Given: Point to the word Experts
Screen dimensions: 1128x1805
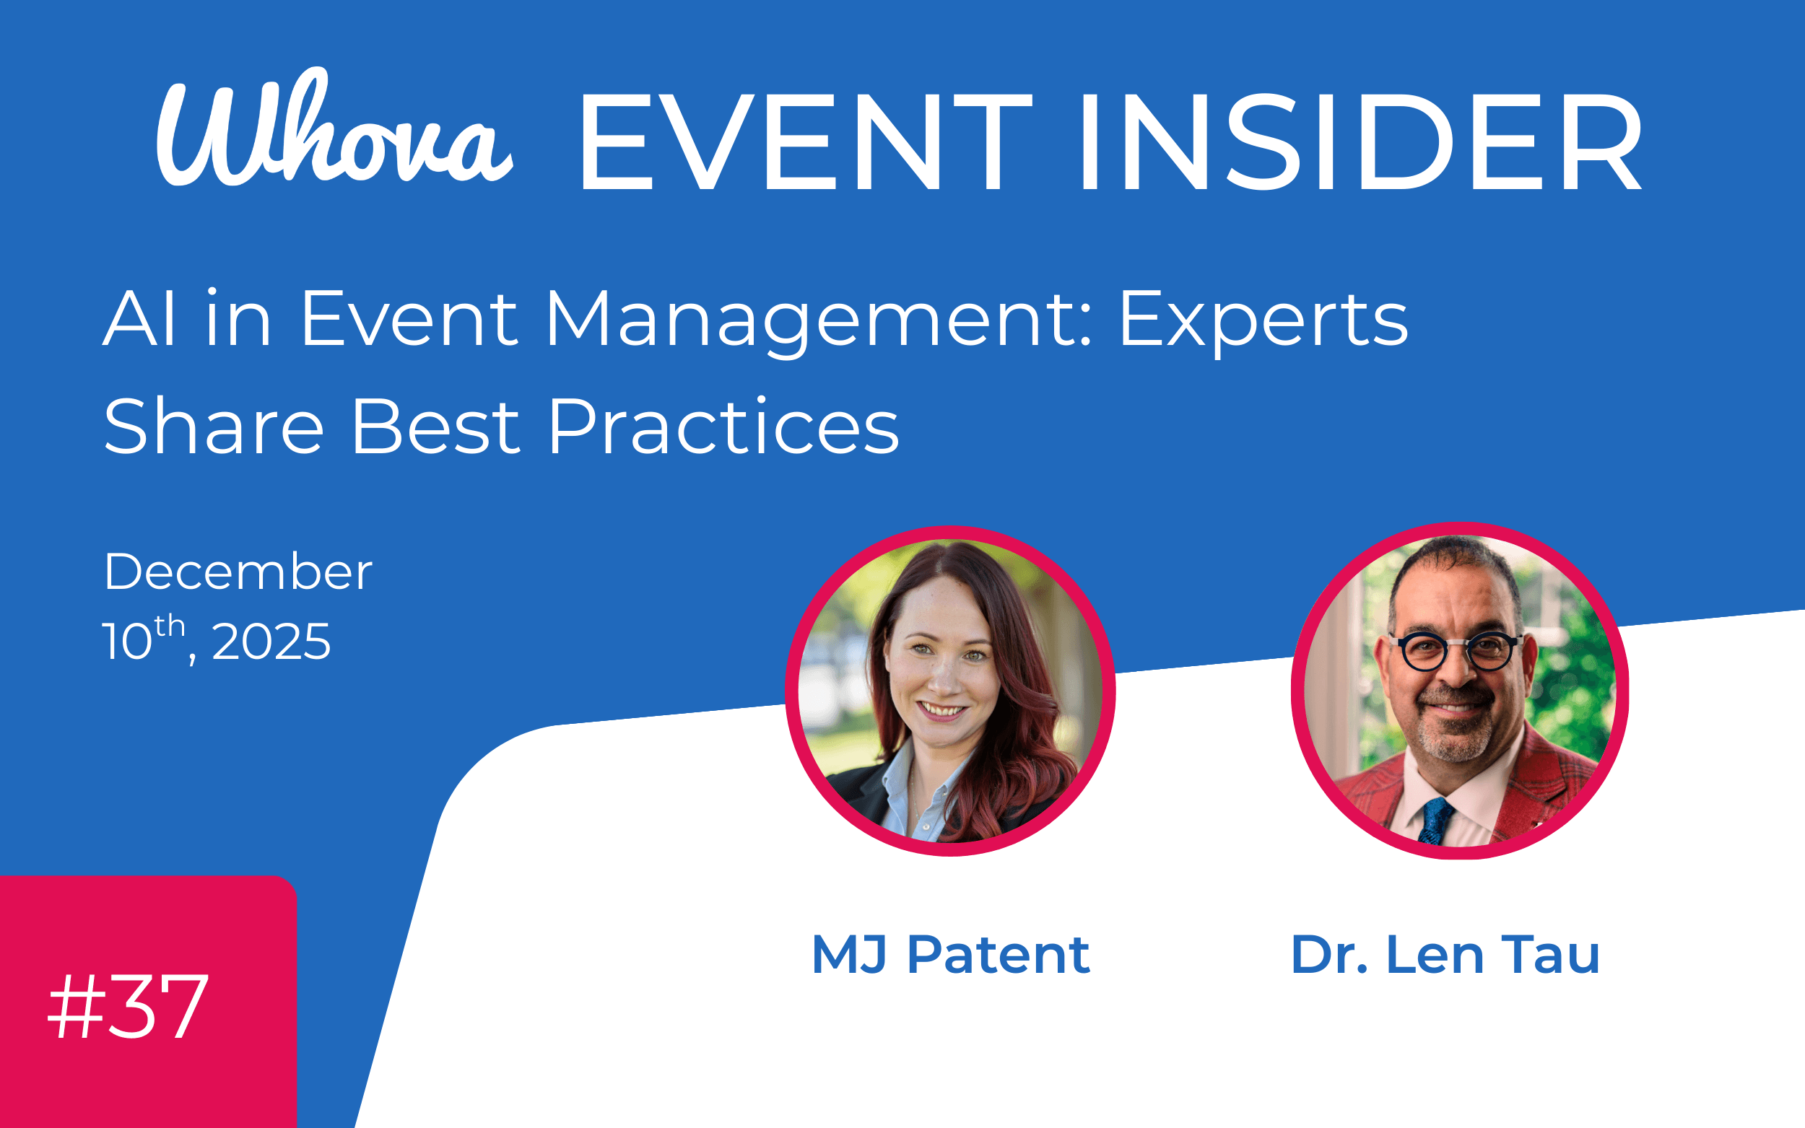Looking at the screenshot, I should (x=1263, y=321).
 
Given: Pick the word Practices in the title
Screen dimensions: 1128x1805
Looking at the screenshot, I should (x=723, y=427).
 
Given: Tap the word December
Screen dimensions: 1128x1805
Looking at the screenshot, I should (x=238, y=572).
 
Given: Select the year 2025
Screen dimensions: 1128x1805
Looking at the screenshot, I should (x=271, y=642).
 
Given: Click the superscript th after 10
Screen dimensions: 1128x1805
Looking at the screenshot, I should (x=170, y=626).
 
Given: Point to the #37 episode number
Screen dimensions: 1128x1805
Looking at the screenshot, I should (x=128, y=1007).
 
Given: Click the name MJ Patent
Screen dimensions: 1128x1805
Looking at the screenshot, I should (x=950, y=955).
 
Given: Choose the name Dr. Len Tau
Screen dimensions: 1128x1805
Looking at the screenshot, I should (x=1445, y=955).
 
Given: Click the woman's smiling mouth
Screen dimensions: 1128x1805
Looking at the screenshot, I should (x=941, y=709).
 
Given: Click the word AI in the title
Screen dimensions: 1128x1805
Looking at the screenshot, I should (x=139, y=321).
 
